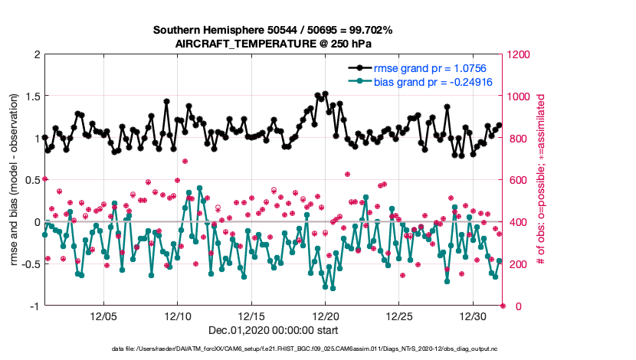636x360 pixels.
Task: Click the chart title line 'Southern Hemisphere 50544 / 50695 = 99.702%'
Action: (273, 31)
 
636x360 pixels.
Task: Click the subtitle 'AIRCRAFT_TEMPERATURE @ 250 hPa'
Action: (273, 44)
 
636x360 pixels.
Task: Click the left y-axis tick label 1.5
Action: (31, 97)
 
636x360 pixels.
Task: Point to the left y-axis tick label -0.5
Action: (28, 264)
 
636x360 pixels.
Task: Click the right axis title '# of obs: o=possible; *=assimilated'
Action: (540, 180)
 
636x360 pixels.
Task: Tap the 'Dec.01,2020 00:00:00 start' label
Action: (273, 331)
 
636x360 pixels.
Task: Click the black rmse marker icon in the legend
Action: (359, 69)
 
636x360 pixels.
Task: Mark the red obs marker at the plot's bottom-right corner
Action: (503, 306)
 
